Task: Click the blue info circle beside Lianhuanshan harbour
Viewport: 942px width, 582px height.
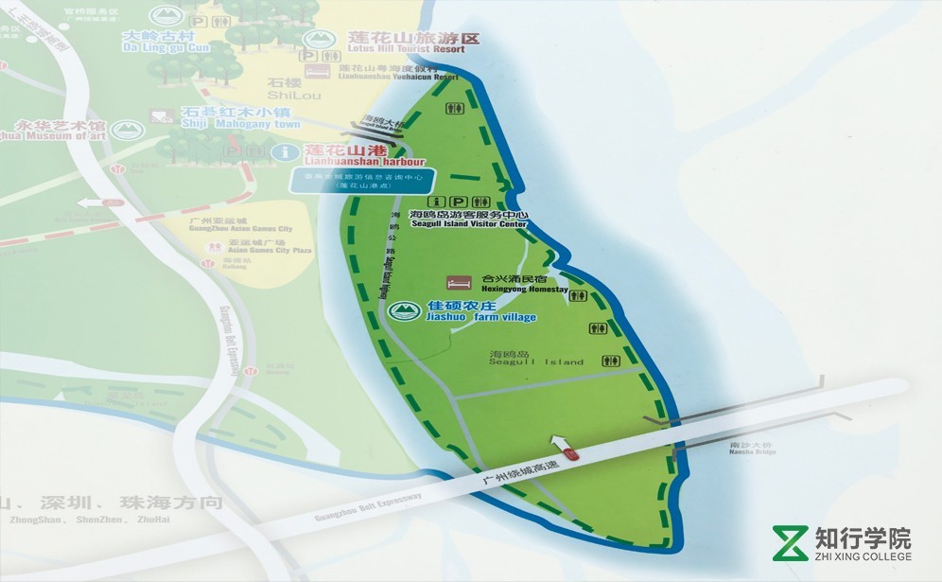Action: (x=281, y=152)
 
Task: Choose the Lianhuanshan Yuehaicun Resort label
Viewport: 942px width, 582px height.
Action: (x=389, y=74)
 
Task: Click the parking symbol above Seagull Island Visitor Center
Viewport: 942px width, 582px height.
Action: (x=459, y=202)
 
